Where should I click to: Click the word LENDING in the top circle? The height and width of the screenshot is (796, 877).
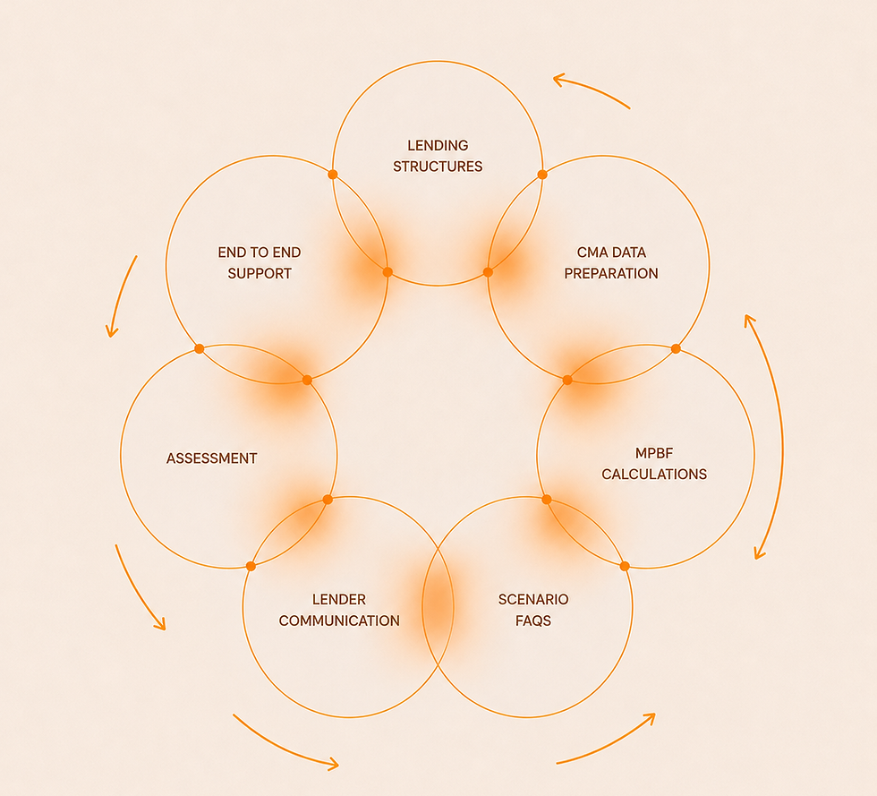[x=438, y=146]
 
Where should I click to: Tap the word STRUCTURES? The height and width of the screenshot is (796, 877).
[x=438, y=167]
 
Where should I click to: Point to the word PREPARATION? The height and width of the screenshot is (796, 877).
[x=611, y=274]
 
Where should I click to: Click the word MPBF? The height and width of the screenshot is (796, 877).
[x=654, y=453]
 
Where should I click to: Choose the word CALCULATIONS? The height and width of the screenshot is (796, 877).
[x=654, y=475]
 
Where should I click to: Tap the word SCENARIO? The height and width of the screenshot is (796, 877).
[x=533, y=600]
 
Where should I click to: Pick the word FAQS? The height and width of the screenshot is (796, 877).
[x=533, y=621]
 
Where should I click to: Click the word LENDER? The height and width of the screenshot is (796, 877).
[x=339, y=600]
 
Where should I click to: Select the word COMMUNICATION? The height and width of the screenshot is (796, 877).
[x=339, y=621]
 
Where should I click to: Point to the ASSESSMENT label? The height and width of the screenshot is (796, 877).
[x=212, y=458]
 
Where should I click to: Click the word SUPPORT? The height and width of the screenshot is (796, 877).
[x=260, y=274]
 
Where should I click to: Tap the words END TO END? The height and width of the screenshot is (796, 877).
[x=260, y=252]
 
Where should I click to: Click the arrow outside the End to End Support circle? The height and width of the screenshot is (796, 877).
[x=120, y=295]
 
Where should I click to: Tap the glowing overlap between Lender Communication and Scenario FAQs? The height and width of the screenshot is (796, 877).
[x=438, y=607]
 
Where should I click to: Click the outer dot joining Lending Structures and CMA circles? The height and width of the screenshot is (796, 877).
[x=542, y=175]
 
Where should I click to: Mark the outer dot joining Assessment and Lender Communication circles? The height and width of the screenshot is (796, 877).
[x=251, y=567]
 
